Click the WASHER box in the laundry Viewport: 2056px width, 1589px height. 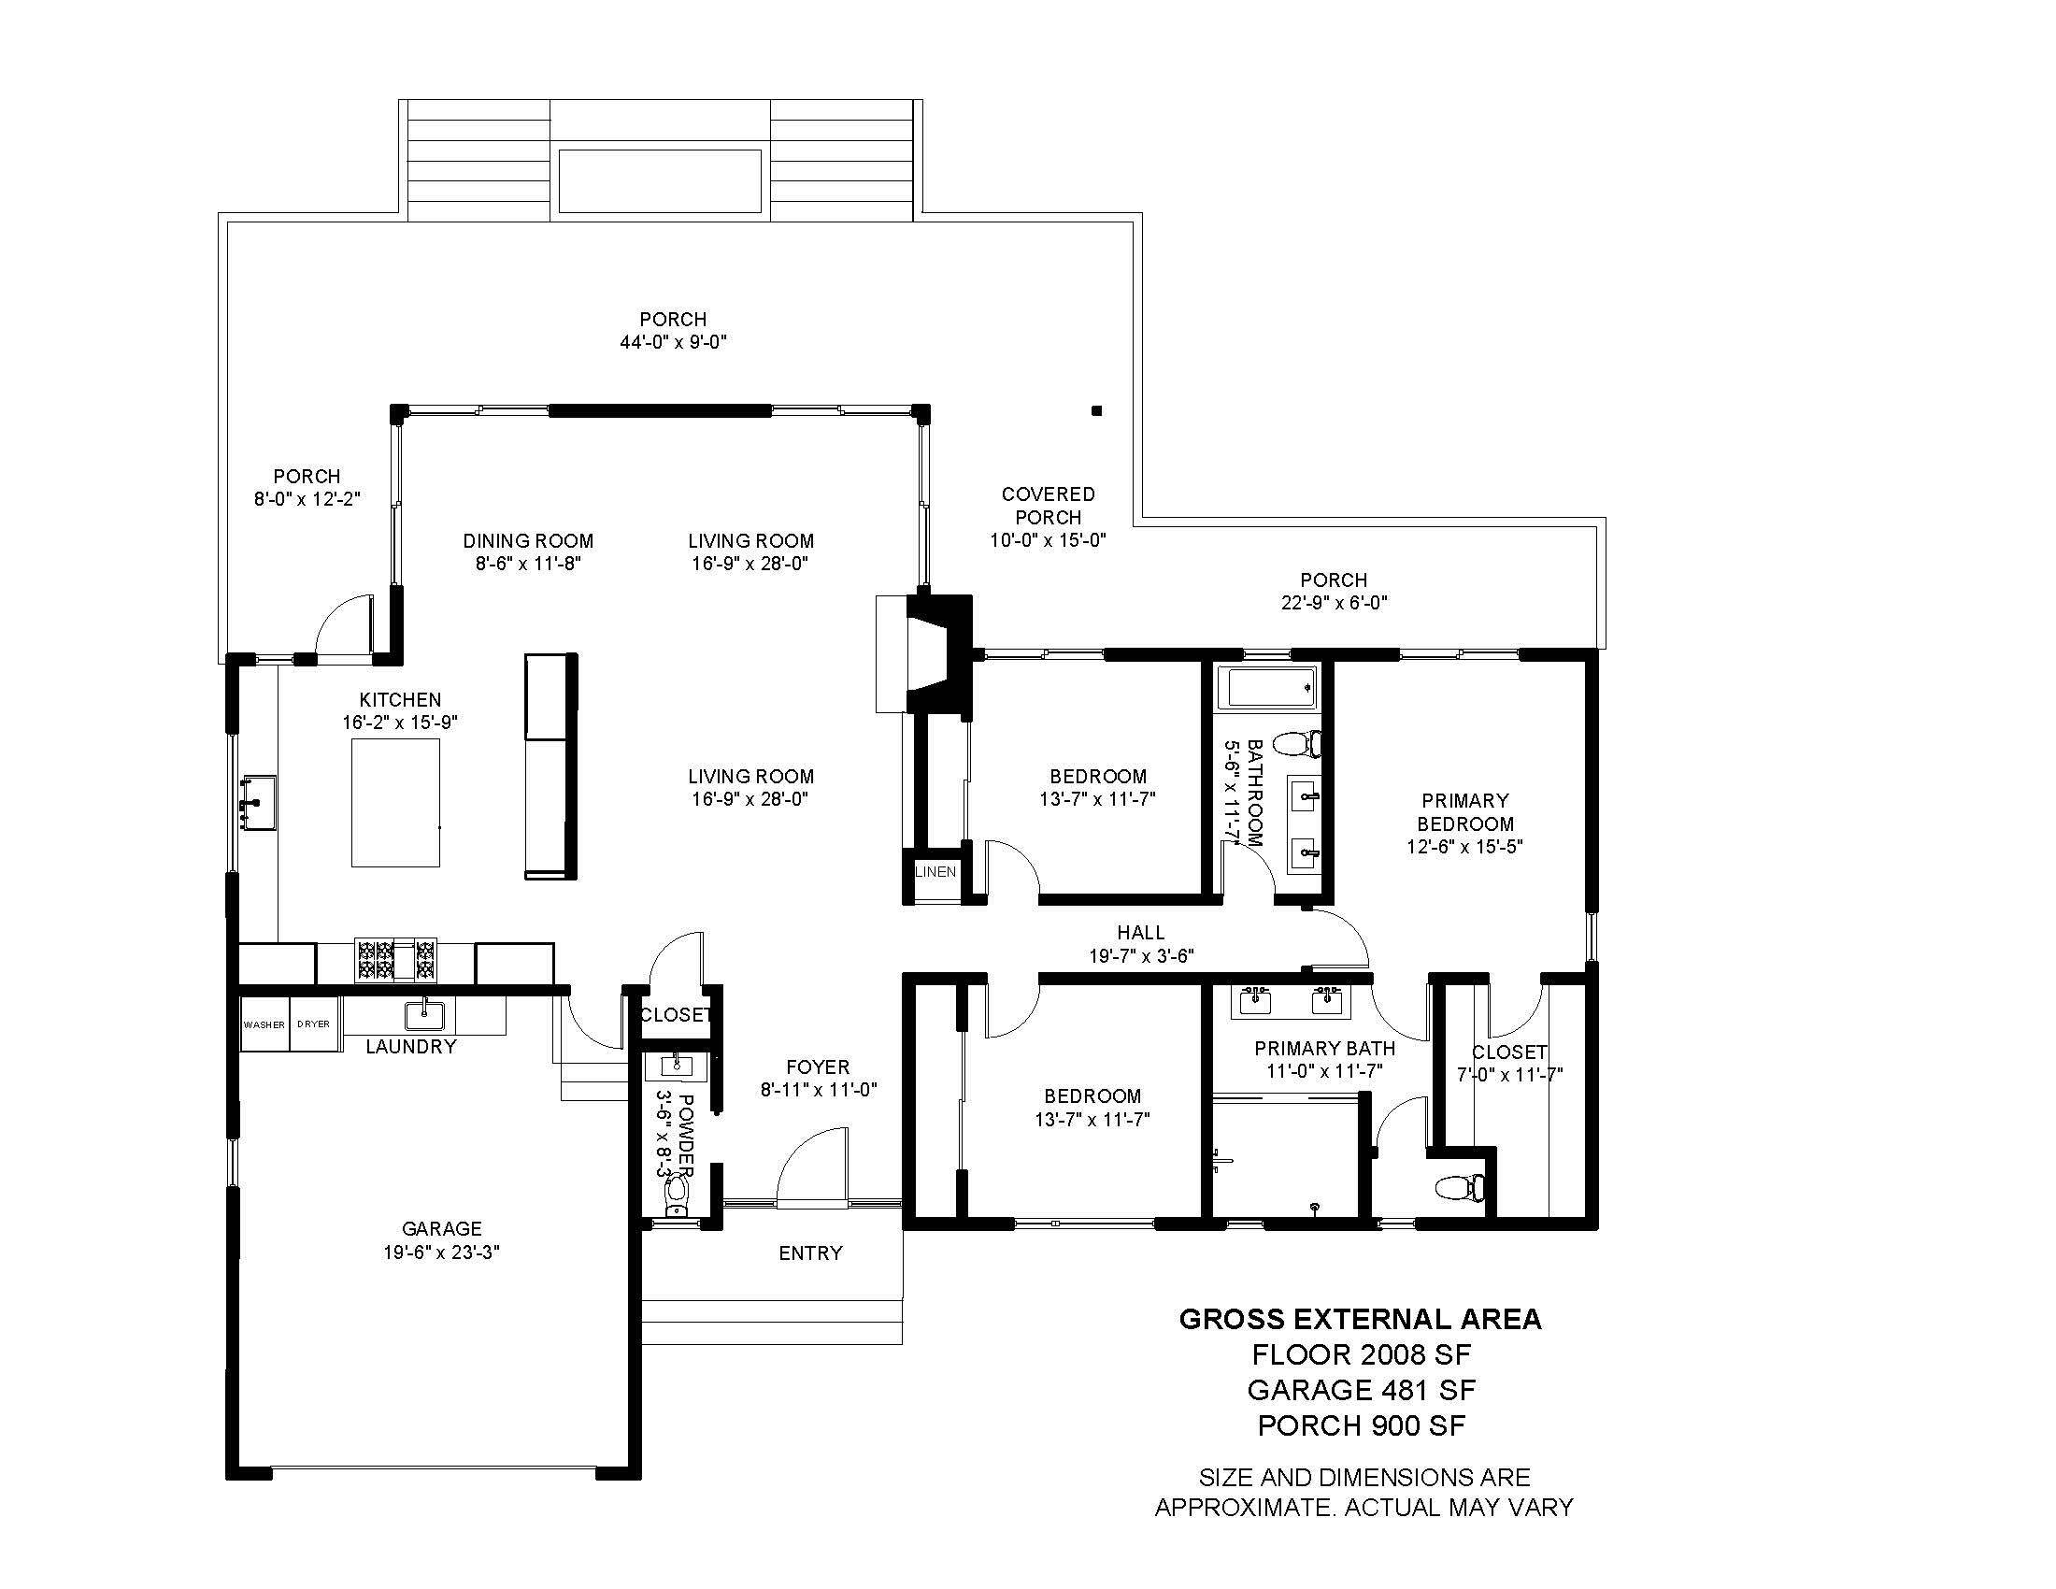(264, 1024)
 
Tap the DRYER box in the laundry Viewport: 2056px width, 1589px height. (313, 1024)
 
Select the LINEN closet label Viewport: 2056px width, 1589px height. (935, 872)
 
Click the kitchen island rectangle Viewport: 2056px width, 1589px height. (395, 802)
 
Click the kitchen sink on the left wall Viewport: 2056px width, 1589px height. (257, 802)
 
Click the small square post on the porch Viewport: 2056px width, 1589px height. (1096, 410)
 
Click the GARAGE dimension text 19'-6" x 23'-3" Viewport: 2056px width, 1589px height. (441, 1252)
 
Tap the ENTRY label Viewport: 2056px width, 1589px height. (809, 1253)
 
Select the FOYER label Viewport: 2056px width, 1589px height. (818, 1066)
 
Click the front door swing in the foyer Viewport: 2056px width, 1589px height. (811, 1167)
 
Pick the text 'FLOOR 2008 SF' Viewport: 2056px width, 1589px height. (1361, 1354)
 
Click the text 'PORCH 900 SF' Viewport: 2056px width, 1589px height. (1361, 1426)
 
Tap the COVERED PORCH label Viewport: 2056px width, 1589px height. (1048, 506)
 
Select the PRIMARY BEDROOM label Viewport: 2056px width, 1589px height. (1464, 811)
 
